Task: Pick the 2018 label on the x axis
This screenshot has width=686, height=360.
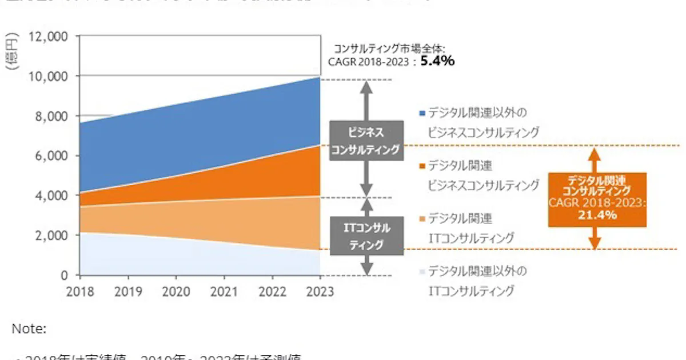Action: tap(81, 291)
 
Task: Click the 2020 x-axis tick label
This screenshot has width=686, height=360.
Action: tap(177, 291)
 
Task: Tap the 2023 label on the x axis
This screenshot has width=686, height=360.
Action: tap(319, 291)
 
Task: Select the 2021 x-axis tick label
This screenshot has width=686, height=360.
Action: tap(224, 291)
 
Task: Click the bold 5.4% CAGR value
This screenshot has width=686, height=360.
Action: tap(437, 61)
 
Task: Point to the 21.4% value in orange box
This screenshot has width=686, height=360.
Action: tap(597, 215)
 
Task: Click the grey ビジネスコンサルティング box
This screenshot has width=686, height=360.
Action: tap(366, 141)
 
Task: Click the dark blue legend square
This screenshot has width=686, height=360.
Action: tap(422, 113)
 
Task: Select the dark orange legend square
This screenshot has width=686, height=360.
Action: tap(422, 166)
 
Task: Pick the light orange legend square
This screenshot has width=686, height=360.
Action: tap(422, 218)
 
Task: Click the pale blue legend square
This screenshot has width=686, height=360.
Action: tap(422, 271)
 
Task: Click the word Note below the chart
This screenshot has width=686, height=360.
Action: tap(29, 329)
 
